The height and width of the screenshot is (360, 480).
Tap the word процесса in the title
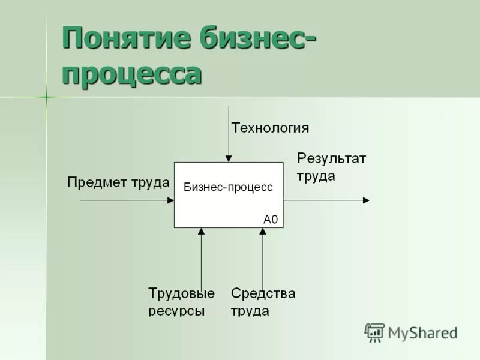click(131, 75)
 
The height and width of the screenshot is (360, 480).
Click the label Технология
click(271, 127)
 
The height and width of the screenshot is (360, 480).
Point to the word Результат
click(332, 159)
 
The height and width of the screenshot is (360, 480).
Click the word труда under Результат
click(316, 176)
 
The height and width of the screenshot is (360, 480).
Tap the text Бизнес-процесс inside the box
click(228, 187)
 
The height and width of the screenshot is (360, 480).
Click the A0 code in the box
click(271, 219)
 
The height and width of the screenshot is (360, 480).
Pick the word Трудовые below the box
click(181, 293)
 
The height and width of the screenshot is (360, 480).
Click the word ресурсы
click(176, 311)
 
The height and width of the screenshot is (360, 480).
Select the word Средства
click(263, 293)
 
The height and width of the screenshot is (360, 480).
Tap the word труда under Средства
click(250, 311)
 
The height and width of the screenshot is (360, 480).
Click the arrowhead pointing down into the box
click(228, 158)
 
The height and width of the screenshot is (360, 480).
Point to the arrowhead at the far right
click(366, 200)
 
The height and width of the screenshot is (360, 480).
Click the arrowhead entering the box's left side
click(170, 200)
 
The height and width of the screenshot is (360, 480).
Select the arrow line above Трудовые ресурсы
click(201, 258)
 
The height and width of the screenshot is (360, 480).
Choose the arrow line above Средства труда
click(262, 258)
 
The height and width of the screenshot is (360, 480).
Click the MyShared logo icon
click(375, 332)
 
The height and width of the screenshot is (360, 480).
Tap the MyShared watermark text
click(423, 332)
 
